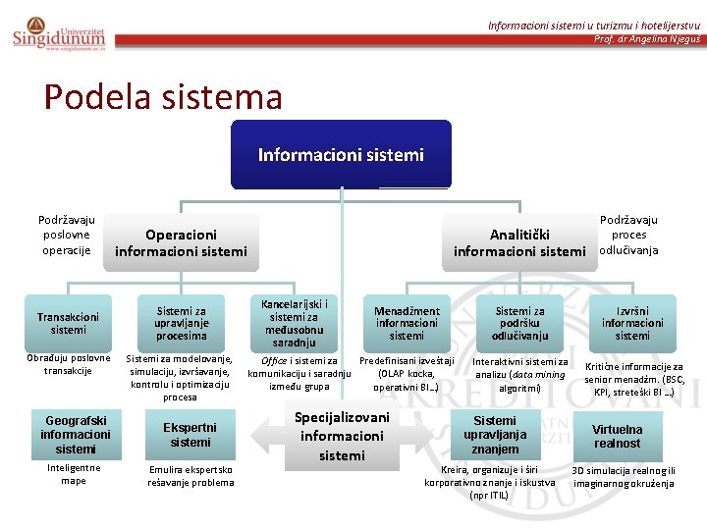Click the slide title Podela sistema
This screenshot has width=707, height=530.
(x=163, y=96)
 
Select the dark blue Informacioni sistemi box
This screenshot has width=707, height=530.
(x=341, y=155)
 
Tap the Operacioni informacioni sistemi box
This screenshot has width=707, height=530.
(x=181, y=242)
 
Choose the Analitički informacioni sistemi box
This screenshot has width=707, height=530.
(x=519, y=242)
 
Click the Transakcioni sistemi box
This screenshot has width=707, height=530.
(x=68, y=323)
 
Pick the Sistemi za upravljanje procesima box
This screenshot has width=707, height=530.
(x=181, y=322)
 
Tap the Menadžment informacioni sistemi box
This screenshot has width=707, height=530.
(x=407, y=323)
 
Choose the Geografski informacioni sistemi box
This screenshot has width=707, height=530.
(x=75, y=434)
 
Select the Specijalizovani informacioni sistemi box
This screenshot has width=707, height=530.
(x=342, y=436)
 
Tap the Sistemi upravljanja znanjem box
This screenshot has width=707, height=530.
(x=495, y=434)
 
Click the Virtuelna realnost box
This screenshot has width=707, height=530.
(x=617, y=436)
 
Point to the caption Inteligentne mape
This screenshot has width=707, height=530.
(x=74, y=474)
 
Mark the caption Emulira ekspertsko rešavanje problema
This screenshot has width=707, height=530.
(x=190, y=476)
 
